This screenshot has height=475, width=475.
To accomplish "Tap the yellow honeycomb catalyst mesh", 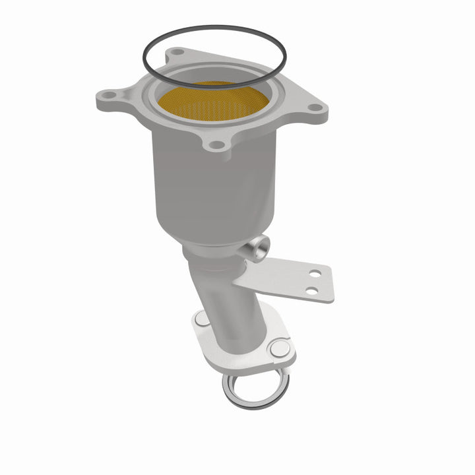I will point(212,103).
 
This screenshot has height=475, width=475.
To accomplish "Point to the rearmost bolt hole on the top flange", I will point(176,52).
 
